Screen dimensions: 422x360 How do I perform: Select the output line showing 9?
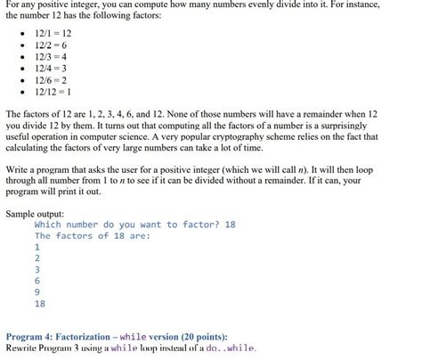37,291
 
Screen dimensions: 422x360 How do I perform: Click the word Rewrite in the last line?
26,349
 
